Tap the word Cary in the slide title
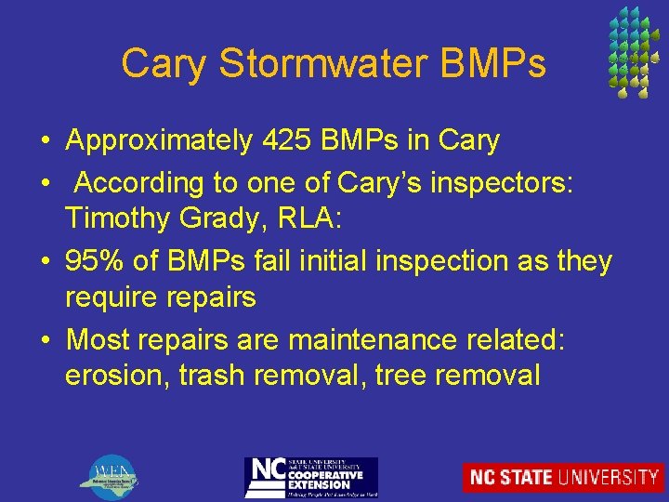tap(159, 64)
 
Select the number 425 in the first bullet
tap(290, 141)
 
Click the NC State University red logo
tap(563, 477)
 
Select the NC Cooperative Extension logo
tap(310, 477)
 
